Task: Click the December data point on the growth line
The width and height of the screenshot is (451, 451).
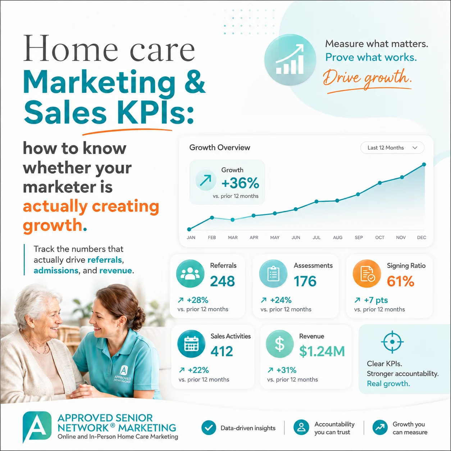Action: click(424, 164)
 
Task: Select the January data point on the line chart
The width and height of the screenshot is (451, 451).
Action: click(189, 229)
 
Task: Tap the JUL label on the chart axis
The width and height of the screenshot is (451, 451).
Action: click(316, 237)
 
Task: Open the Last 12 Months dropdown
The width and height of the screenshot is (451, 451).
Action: click(392, 148)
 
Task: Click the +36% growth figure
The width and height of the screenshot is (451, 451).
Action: click(240, 183)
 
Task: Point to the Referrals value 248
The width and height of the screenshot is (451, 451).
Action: click(222, 281)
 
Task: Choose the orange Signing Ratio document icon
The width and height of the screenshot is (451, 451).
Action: click(367, 274)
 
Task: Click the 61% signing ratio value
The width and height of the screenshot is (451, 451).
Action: click(400, 281)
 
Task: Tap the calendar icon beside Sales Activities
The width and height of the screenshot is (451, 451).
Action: click(191, 344)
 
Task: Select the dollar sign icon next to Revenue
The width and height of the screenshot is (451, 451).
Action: click(280, 344)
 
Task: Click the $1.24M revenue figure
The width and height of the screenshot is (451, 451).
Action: click(322, 351)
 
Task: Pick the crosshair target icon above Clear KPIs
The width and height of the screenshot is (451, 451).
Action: click(392, 342)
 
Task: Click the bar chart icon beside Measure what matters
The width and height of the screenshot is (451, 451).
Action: click(290, 60)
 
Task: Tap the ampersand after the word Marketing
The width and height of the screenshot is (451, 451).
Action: click(195, 82)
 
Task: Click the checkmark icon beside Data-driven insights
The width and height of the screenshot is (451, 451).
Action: click(209, 428)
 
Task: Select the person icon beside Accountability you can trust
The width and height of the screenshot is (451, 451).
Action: click(301, 427)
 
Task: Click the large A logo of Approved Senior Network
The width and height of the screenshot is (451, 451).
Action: click(37, 427)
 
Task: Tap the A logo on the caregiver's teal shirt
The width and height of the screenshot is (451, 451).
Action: click(124, 370)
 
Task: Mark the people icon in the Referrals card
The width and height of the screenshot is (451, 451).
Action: click(190, 274)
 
